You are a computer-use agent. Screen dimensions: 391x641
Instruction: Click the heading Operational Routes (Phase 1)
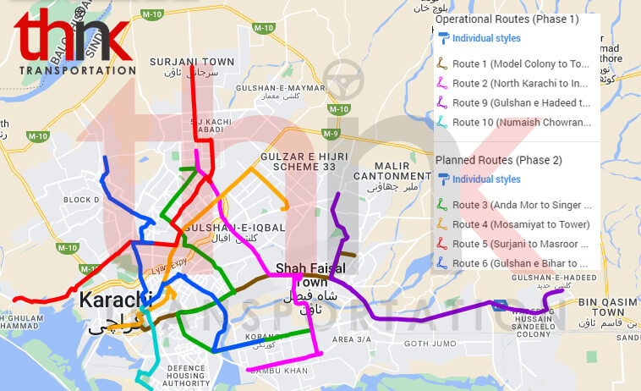[507, 19]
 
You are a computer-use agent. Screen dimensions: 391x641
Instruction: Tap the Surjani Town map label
[192, 63]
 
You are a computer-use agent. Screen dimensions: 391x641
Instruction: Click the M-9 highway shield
[331, 134]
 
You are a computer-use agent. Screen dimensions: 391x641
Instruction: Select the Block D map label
[81, 200]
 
